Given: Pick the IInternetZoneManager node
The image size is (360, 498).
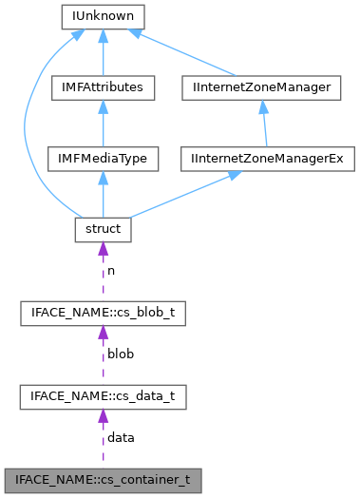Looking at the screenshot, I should tap(260, 87).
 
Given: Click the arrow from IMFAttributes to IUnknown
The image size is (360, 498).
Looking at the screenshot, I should tap(101, 52).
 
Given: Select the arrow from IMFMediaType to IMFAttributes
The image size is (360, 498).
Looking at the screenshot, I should tap(101, 123).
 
